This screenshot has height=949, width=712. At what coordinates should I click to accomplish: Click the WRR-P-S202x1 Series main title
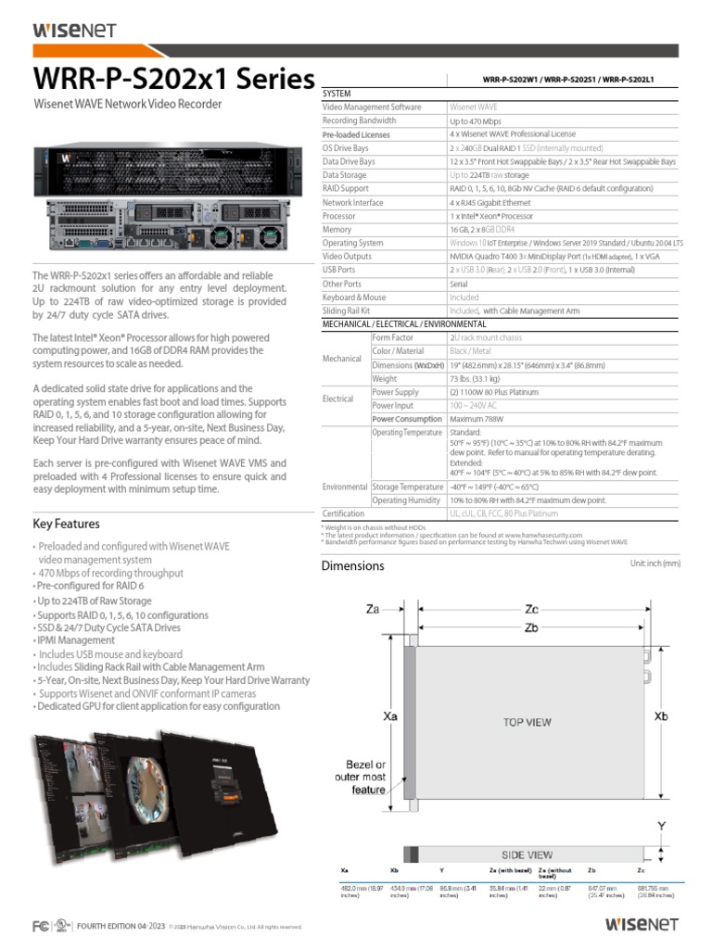tap(173, 80)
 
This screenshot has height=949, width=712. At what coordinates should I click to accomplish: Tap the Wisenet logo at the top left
tap(74, 30)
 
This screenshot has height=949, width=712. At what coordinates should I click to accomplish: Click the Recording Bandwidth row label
tap(359, 120)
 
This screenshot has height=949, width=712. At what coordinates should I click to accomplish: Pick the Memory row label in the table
tap(337, 229)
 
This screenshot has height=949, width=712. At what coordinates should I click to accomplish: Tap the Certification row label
tap(343, 513)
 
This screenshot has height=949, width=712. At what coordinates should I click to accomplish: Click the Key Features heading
tap(68, 524)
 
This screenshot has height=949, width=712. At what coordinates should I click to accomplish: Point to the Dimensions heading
tap(352, 566)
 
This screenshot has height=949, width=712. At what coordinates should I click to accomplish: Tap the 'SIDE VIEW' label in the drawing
tap(526, 854)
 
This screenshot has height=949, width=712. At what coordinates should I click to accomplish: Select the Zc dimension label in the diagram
tap(531, 609)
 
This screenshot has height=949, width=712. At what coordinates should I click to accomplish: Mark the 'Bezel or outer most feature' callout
tap(361, 778)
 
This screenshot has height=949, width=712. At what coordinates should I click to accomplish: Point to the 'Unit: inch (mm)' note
tap(655, 563)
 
